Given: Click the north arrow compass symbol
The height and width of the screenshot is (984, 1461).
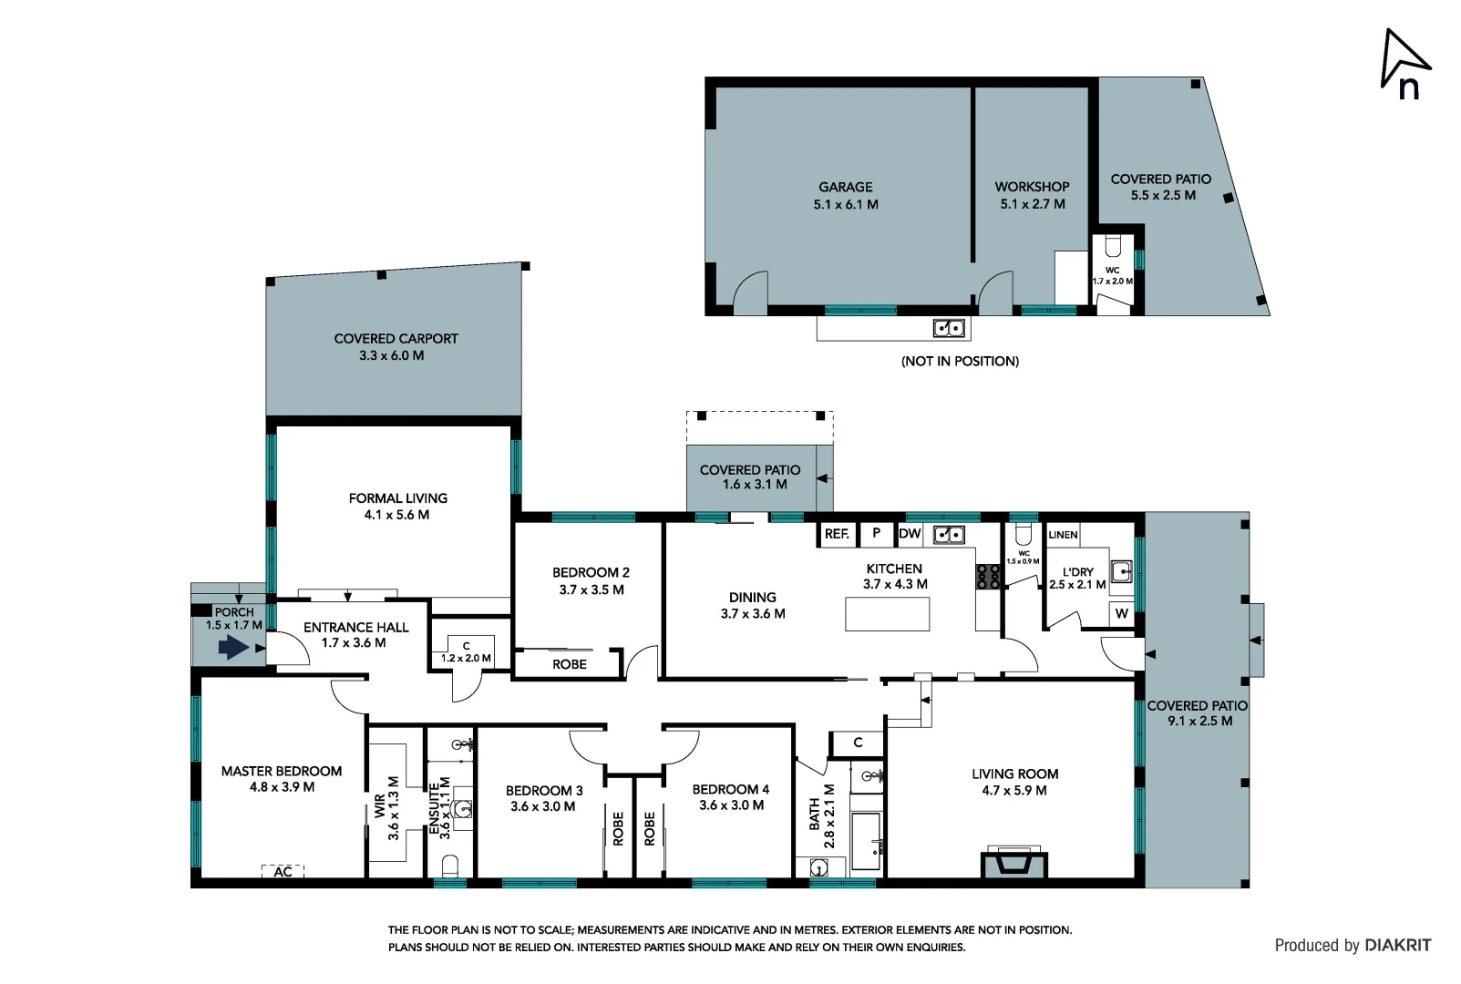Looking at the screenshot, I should pyautogui.click(x=1404, y=62).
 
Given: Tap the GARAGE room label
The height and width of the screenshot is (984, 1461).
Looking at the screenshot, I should pyautogui.click(x=845, y=187).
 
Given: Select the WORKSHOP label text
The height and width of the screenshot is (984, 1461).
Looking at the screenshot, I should pyautogui.click(x=1032, y=187).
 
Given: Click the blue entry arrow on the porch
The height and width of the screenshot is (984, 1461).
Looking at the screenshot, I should pyautogui.click(x=233, y=648).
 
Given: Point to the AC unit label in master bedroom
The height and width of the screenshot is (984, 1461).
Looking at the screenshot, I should pyautogui.click(x=283, y=872).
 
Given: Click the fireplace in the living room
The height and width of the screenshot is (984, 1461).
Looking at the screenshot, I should pyautogui.click(x=1013, y=862).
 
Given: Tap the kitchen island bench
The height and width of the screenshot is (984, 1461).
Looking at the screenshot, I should pyautogui.click(x=887, y=614).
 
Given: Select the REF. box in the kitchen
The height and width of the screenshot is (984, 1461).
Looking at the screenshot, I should pyautogui.click(x=837, y=534).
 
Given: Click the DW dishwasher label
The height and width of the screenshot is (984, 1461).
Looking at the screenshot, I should pyautogui.click(x=910, y=534).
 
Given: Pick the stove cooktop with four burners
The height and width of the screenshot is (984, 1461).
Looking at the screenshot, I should pyautogui.click(x=989, y=577).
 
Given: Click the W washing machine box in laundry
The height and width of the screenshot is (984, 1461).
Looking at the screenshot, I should pyautogui.click(x=1121, y=613).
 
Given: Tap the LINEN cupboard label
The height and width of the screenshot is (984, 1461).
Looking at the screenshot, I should pyautogui.click(x=1063, y=535).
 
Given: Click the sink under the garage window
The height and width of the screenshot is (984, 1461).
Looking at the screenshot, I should pyautogui.click(x=949, y=328).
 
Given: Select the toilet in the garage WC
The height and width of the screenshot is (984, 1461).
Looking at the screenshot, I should pyautogui.click(x=1112, y=247).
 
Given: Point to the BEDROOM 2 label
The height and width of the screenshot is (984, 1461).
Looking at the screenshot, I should pyautogui.click(x=591, y=573).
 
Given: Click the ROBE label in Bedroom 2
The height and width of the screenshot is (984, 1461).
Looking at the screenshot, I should pyautogui.click(x=570, y=664).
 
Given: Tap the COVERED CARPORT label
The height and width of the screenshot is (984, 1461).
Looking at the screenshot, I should pyautogui.click(x=396, y=339).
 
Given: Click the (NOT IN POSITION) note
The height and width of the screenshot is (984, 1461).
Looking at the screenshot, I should pyautogui.click(x=960, y=362).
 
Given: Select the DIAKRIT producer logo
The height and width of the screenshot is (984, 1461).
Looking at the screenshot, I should pyautogui.click(x=1397, y=946).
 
